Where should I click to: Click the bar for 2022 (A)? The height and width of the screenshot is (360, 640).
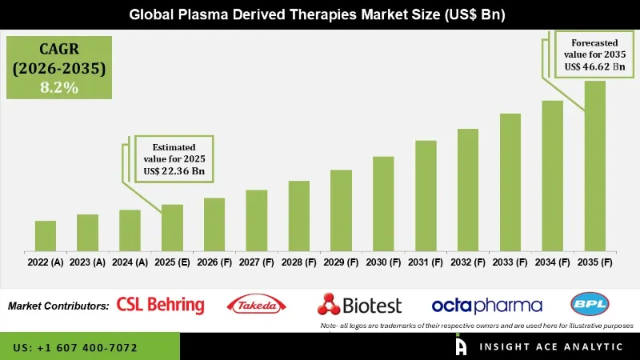click(46, 235)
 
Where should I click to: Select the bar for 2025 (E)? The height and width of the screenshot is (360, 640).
click(172, 227)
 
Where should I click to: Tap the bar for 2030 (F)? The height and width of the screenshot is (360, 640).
click(383, 203)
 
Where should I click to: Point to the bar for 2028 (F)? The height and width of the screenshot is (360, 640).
click(298, 215)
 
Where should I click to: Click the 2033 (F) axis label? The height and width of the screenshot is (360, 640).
click(510, 262)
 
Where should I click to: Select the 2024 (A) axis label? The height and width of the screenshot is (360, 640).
click(130, 262)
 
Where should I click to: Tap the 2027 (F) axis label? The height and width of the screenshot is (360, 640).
click(256, 262)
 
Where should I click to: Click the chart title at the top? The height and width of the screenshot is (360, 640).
click(320, 15)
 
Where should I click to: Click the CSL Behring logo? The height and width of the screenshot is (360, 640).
click(160, 305)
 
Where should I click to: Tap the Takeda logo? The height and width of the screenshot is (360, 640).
click(257, 305)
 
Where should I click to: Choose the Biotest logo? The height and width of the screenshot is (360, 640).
click(359, 305)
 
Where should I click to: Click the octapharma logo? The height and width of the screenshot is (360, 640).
click(486, 306)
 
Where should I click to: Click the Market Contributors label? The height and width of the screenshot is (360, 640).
click(58, 306)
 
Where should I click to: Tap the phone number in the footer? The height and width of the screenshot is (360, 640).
click(75, 348)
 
